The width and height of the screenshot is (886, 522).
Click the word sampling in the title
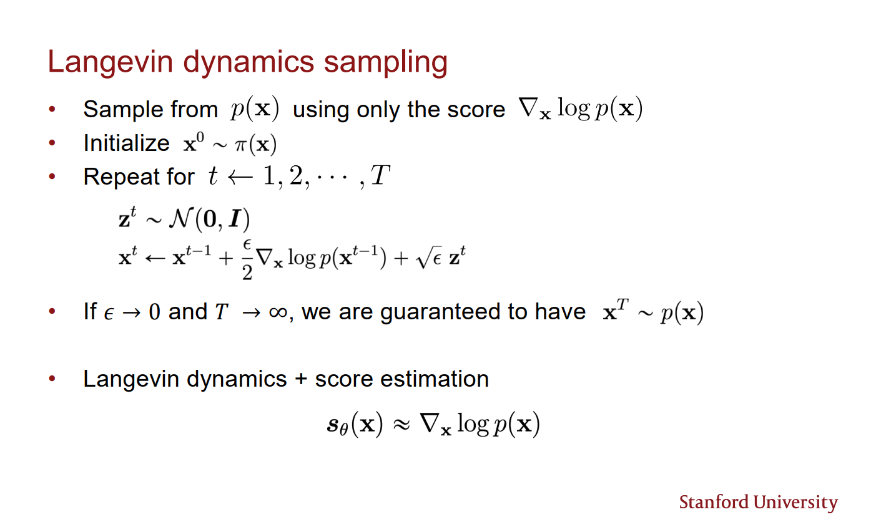(386, 63)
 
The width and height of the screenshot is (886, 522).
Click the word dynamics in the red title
(249, 62)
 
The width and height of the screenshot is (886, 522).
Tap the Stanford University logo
(758, 503)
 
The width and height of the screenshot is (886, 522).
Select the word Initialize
(126, 143)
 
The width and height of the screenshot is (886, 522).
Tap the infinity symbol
(278, 312)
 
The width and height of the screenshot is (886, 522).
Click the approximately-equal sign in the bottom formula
(401, 425)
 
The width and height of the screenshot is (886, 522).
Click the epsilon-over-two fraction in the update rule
(247, 260)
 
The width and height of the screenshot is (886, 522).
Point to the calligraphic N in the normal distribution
(181, 218)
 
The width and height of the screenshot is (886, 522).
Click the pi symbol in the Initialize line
(241, 145)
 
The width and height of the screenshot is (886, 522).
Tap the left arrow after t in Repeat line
(240, 177)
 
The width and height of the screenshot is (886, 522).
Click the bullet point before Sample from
(52, 109)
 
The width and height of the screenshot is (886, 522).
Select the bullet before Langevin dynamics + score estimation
(52, 379)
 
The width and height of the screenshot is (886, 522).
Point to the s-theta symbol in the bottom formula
(337, 426)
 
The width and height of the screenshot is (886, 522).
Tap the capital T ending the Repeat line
(380, 175)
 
